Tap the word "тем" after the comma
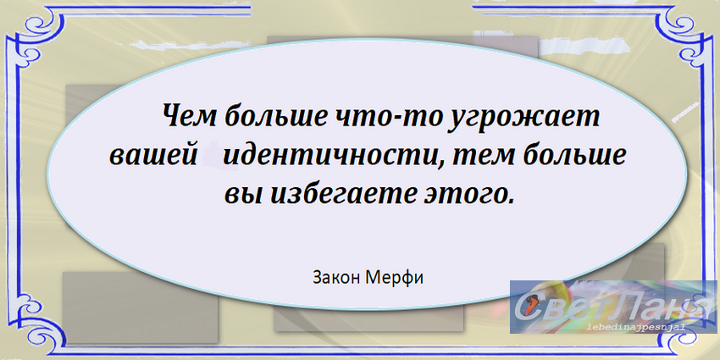(x=479, y=157)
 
